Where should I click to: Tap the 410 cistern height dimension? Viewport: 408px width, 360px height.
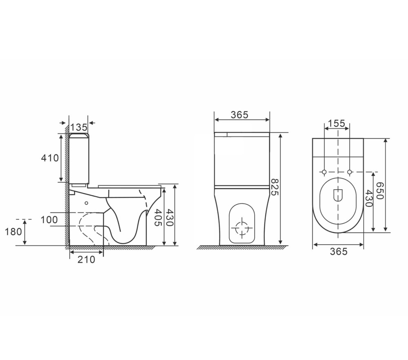[x=50, y=158]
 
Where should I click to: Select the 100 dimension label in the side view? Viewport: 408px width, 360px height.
[x=49, y=220]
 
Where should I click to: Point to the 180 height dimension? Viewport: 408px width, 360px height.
[x=13, y=232]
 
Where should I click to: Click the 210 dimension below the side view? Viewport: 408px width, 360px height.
[x=86, y=259]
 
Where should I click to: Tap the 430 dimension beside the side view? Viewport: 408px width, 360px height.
[x=169, y=217]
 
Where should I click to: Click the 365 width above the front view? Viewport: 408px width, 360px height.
[x=239, y=115]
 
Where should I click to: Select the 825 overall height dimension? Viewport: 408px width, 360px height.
[x=275, y=187]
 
